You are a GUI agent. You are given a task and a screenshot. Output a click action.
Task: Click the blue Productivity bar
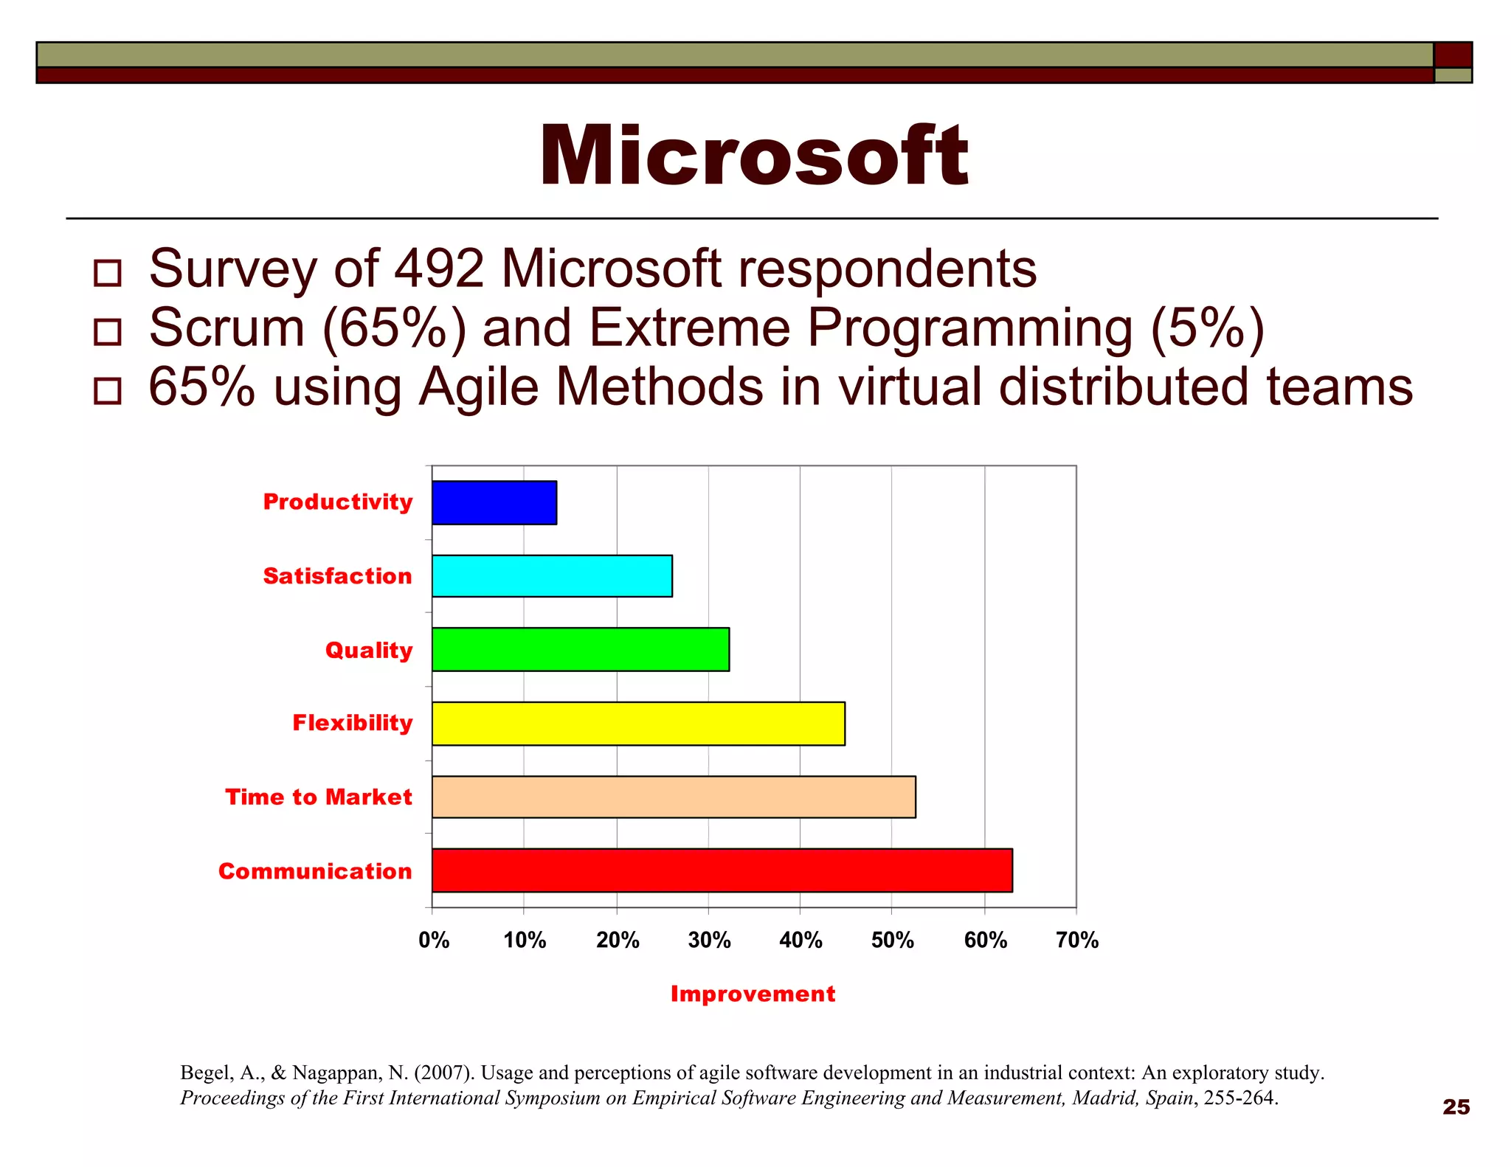(x=494, y=502)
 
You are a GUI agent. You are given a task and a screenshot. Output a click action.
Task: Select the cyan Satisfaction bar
(x=552, y=576)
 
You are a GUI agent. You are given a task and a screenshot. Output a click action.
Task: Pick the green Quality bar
(x=581, y=649)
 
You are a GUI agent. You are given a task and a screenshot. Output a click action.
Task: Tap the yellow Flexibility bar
(x=638, y=724)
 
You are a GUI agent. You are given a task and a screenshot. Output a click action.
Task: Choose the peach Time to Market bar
(x=674, y=797)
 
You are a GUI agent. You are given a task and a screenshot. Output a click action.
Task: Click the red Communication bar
(x=722, y=870)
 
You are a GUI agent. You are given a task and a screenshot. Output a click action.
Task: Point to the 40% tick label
(x=801, y=941)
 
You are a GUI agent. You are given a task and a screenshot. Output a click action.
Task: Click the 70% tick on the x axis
(x=1077, y=941)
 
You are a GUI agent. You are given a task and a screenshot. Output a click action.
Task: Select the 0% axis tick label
(x=434, y=941)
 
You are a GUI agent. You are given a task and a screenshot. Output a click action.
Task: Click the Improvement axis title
(x=753, y=994)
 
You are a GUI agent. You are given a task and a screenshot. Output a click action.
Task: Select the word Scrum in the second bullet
(x=227, y=328)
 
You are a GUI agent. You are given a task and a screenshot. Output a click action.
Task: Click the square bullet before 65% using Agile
(x=108, y=391)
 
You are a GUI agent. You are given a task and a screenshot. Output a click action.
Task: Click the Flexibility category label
(x=353, y=723)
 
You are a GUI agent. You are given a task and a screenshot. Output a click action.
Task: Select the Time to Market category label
(x=319, y=797)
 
